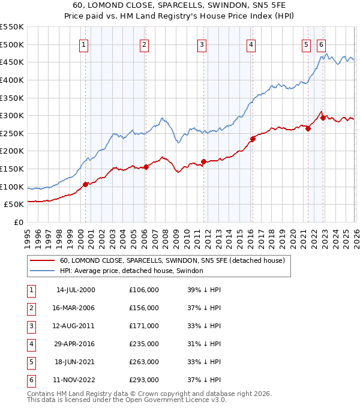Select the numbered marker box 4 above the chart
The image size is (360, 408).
pos(250,44)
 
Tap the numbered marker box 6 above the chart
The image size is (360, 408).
pos(322,44)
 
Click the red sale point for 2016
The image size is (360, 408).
pos(253,139)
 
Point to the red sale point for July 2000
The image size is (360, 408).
pos(85,184)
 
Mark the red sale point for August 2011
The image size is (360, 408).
pos(203,161)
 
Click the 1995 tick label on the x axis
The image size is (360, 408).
pos(28,233)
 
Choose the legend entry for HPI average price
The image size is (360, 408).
pos(131,271)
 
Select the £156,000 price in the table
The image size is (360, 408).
pos(144,308)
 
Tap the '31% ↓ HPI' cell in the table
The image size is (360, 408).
pos(204,344)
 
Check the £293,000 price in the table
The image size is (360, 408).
pos(144,380)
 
